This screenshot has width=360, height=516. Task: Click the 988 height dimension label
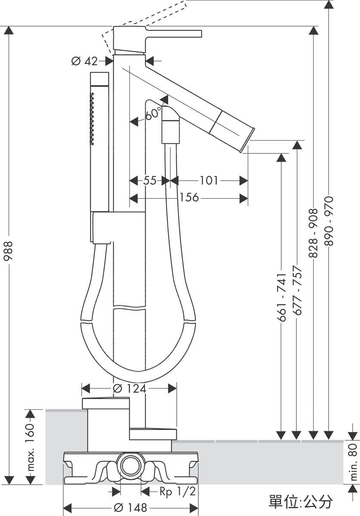[x=9, y=251]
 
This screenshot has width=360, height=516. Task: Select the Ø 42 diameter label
[x=84, y=61]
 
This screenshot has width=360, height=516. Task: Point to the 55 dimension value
[x=150, y=180]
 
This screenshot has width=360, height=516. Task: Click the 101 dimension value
[x=209, y=180]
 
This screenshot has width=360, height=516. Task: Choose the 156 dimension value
[x=189, y=197]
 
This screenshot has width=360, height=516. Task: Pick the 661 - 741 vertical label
[x=281, y=298]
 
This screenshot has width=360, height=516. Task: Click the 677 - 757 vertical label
[x=297, y=291]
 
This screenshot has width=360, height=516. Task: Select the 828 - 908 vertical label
[x=313, y=233]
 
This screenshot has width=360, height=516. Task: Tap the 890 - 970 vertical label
[x=329, y=221]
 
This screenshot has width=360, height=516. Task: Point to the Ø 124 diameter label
[x=129, y=389]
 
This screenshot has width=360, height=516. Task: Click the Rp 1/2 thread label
[x=178, y=492]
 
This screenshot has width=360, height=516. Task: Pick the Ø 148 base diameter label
[x=130, y=507]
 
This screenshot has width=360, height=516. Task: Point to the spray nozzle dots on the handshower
[x=92, y=119]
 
